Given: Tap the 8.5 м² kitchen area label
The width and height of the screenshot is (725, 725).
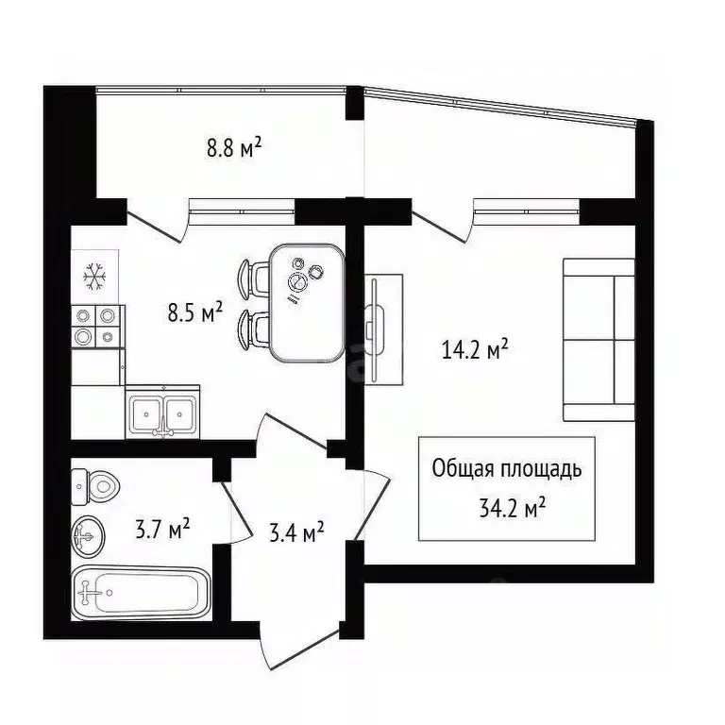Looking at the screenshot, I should pyautogui.click(x=195, y=312).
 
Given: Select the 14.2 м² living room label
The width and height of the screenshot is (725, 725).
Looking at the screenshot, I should pyautogui.click(x=476, y=352).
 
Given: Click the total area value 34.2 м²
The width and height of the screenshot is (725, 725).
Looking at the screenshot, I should pyautogui.click(x=514, y=510).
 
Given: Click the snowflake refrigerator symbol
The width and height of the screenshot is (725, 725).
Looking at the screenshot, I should pyautogui.click(x=95, y=276).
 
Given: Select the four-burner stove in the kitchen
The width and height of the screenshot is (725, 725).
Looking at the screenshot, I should pyautogui.click(x=96, y=326).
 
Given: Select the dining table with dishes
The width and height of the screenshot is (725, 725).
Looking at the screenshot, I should pyautogui.click(x=305, y=302).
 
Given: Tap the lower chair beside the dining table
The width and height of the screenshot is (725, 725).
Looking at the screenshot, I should pyautogui.click(x=254, y=326).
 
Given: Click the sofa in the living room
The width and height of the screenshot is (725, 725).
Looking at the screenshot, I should pyautogui.click(x=599, y=339).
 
